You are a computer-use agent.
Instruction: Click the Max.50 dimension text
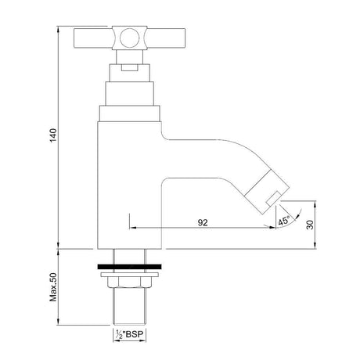pos(52,288)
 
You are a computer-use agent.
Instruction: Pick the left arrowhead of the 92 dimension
pos(131,228)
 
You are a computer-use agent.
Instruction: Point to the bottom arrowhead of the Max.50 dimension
pos(59,323)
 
